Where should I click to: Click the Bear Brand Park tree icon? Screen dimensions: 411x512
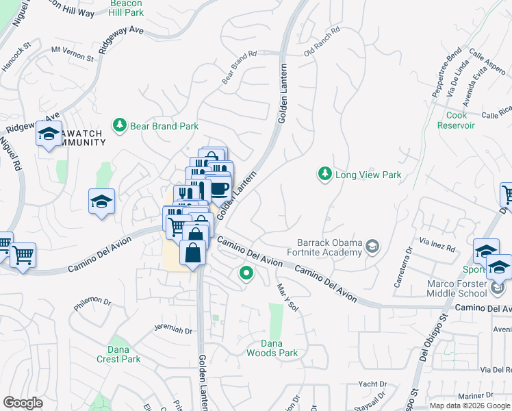120,125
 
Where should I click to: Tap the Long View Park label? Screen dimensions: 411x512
368,175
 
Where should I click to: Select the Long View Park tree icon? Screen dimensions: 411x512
324,175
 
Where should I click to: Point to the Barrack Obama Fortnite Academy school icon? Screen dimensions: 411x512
372,246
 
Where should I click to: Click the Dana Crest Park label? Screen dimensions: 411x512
118,354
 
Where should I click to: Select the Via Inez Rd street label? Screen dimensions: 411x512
437,245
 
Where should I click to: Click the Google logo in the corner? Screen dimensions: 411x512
23,403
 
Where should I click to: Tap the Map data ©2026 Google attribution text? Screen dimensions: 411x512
470,405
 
